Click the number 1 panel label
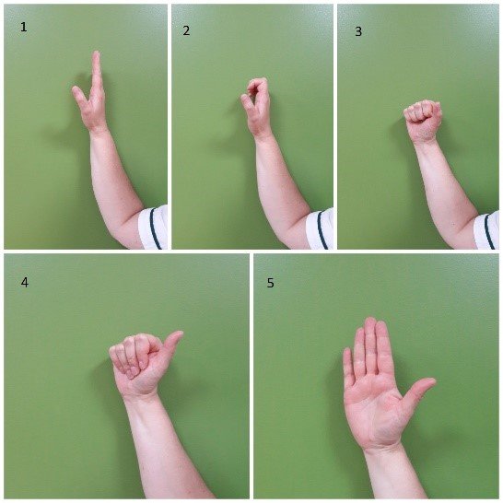pyautogui.click(x=24, y=28)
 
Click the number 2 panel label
pyautogui.click(x=186, y=30)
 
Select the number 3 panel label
pyautogui.click(x=358, y=30)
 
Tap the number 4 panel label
pyautogui.click(x=24, y=282)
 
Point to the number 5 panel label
pyautogui.click(x=270, y=282)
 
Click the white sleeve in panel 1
pyautogui.click(x=153, y=228)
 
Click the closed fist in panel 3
pyautogui.click(x=423, y=120)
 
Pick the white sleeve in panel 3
pyautogui.click(x=487, y=229)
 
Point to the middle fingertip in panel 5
pyautogui.click(x=369, y=323)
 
